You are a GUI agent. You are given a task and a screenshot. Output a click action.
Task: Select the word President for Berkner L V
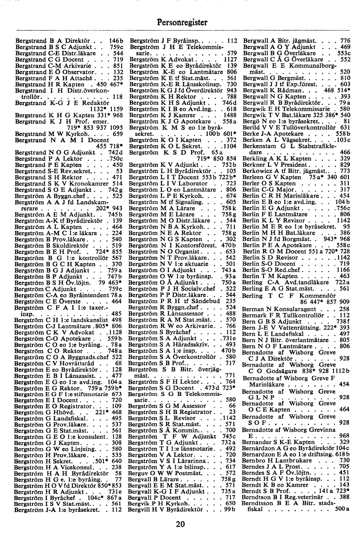click(293, 165)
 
